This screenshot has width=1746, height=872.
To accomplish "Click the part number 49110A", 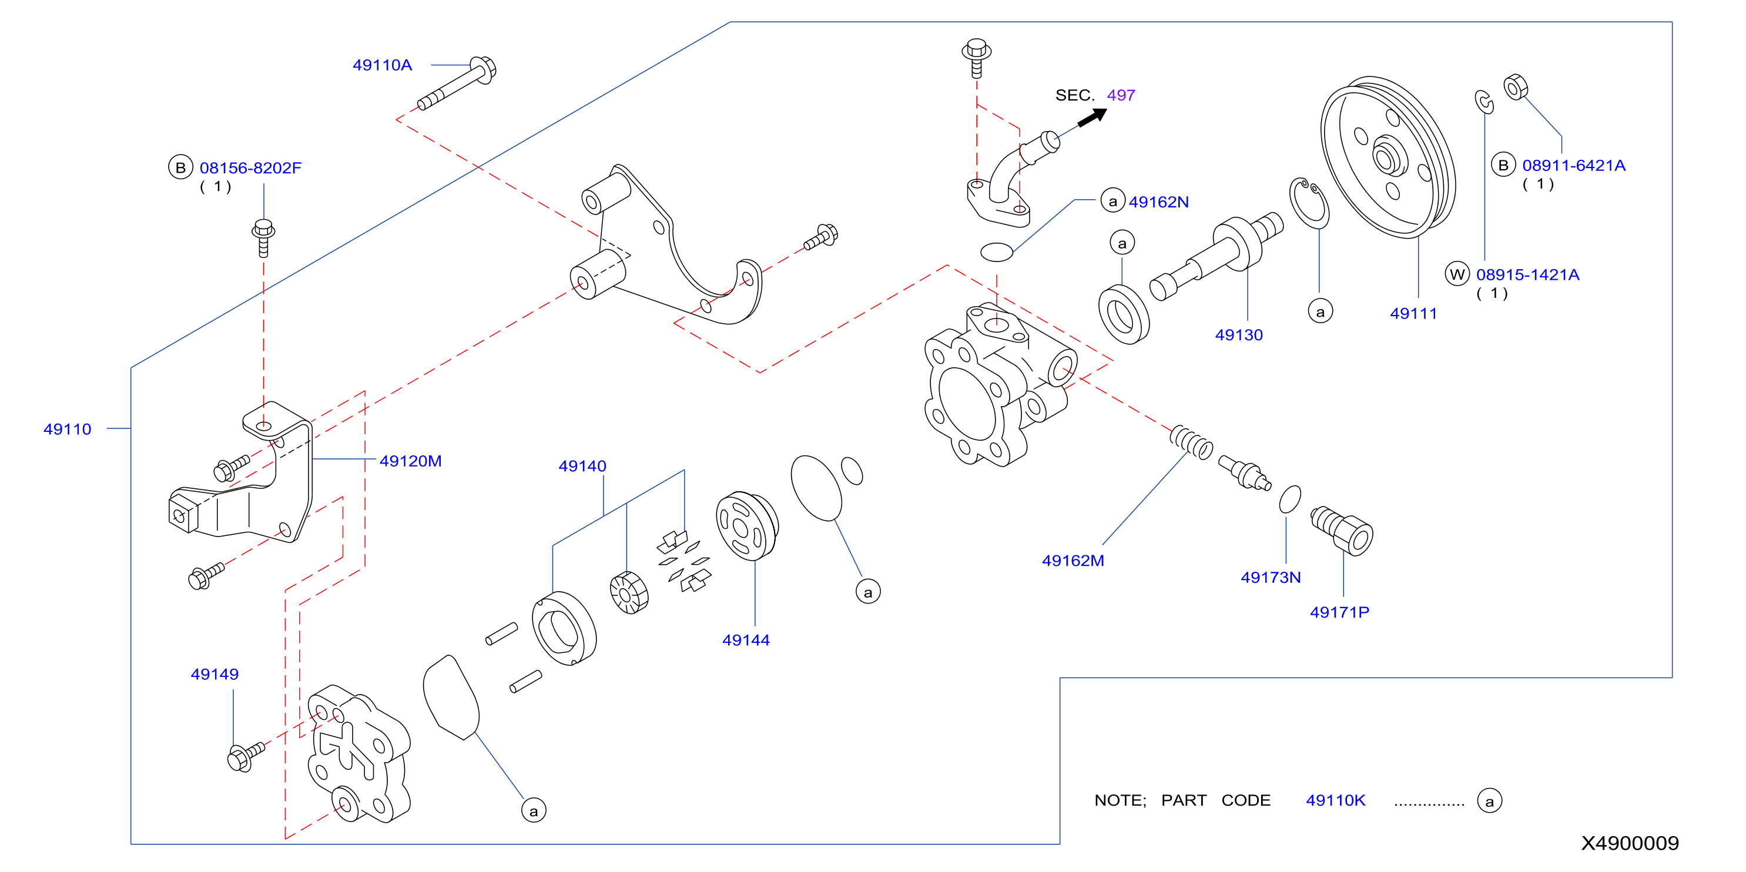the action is [382, 65].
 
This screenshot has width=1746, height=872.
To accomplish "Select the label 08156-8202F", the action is [250, 167].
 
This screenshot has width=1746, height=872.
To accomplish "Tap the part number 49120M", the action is [410, 461].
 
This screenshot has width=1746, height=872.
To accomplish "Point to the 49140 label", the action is [582, 466].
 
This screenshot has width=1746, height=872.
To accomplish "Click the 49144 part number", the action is [746, 640].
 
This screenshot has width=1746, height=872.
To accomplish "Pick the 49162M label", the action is [1073, 561].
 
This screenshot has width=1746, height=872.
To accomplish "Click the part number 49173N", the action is [1271, 577].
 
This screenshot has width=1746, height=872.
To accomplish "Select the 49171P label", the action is [1339, 612].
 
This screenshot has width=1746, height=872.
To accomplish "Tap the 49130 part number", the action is [1239, 335].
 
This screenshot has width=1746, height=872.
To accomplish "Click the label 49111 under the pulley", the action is [1413, 313].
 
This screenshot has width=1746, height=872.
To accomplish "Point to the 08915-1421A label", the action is [1528, 274].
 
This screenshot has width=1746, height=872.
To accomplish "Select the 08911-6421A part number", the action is [1574, 165].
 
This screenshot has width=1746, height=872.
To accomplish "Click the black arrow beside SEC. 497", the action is [1092, 117].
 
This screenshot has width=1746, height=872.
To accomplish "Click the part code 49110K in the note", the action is [1335, 800].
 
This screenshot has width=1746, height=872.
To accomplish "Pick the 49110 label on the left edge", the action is [67, 429].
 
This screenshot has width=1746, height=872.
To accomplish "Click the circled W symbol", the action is [1457, 274].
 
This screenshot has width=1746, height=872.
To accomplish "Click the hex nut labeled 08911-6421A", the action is [1516, 88].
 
